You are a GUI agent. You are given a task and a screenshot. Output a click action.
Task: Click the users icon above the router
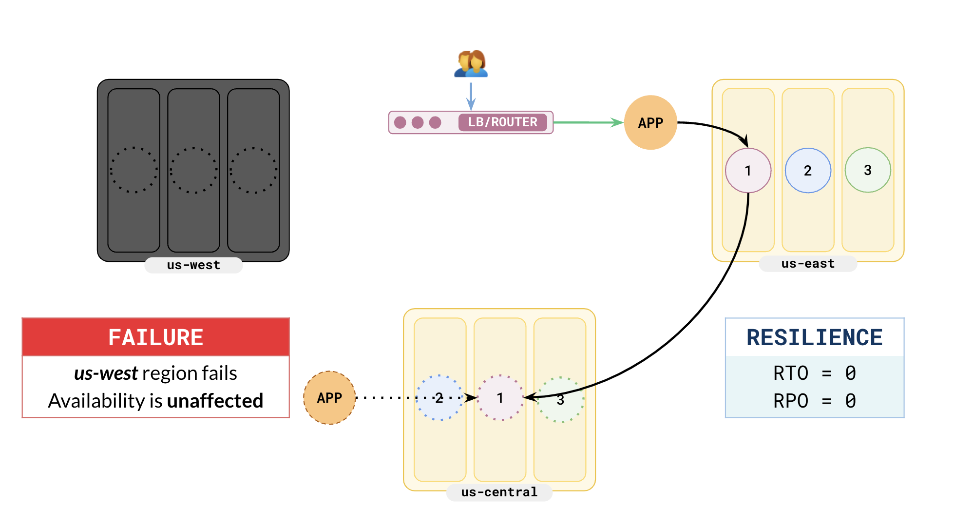click(x=471, y=64)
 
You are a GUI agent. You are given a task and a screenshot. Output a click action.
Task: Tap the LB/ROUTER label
click(x=502, y=122)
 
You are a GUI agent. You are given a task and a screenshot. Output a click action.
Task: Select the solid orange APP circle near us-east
click(x=650, y=122)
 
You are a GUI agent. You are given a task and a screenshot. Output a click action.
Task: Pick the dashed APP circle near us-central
click(x=329, y=398)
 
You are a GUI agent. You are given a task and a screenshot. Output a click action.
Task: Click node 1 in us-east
click(x=748, y=171)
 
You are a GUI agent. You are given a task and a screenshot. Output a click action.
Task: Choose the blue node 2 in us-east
click(x=808, y=171)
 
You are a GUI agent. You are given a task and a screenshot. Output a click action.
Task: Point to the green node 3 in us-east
click(x=868, y=170)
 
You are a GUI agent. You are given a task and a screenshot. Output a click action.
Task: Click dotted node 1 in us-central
click(x=500, y=398)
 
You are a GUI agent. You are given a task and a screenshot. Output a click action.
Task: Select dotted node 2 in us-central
click(x=439, y=398)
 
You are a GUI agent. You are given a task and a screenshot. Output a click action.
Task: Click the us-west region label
click(x=193, y=265)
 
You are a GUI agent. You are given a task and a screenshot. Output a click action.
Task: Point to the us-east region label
click(x=808, y=264)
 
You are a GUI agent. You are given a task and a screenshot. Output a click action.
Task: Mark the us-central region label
click(x=499, y=492)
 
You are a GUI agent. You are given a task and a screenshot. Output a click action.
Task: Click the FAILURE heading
click(x=155, y=337)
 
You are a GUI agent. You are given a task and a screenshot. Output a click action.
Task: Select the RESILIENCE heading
click(x=814, y=337)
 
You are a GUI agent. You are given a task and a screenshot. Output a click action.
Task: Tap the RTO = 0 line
click(x=814, y=373)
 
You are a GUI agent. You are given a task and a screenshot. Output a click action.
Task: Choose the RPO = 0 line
click(x=814, y=401)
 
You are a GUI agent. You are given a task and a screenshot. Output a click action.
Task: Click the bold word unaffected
click(x=215, y=401)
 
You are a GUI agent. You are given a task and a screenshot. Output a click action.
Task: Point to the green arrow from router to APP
click(x=588, y=122)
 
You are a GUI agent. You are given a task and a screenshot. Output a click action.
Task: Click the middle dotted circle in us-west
click(x=193, y=170)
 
